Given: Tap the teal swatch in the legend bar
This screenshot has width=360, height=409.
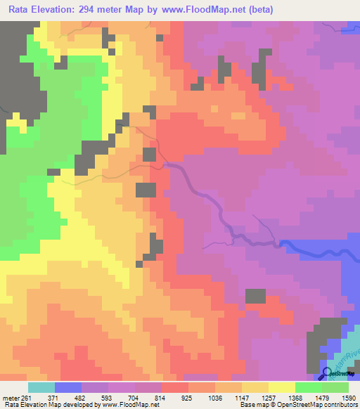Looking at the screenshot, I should pos(41,387).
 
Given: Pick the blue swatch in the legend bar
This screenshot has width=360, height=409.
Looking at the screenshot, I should pos(68,387).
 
